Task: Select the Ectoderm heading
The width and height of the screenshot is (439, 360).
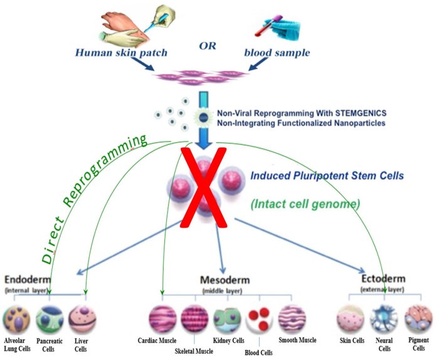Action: [x=383, y=278]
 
